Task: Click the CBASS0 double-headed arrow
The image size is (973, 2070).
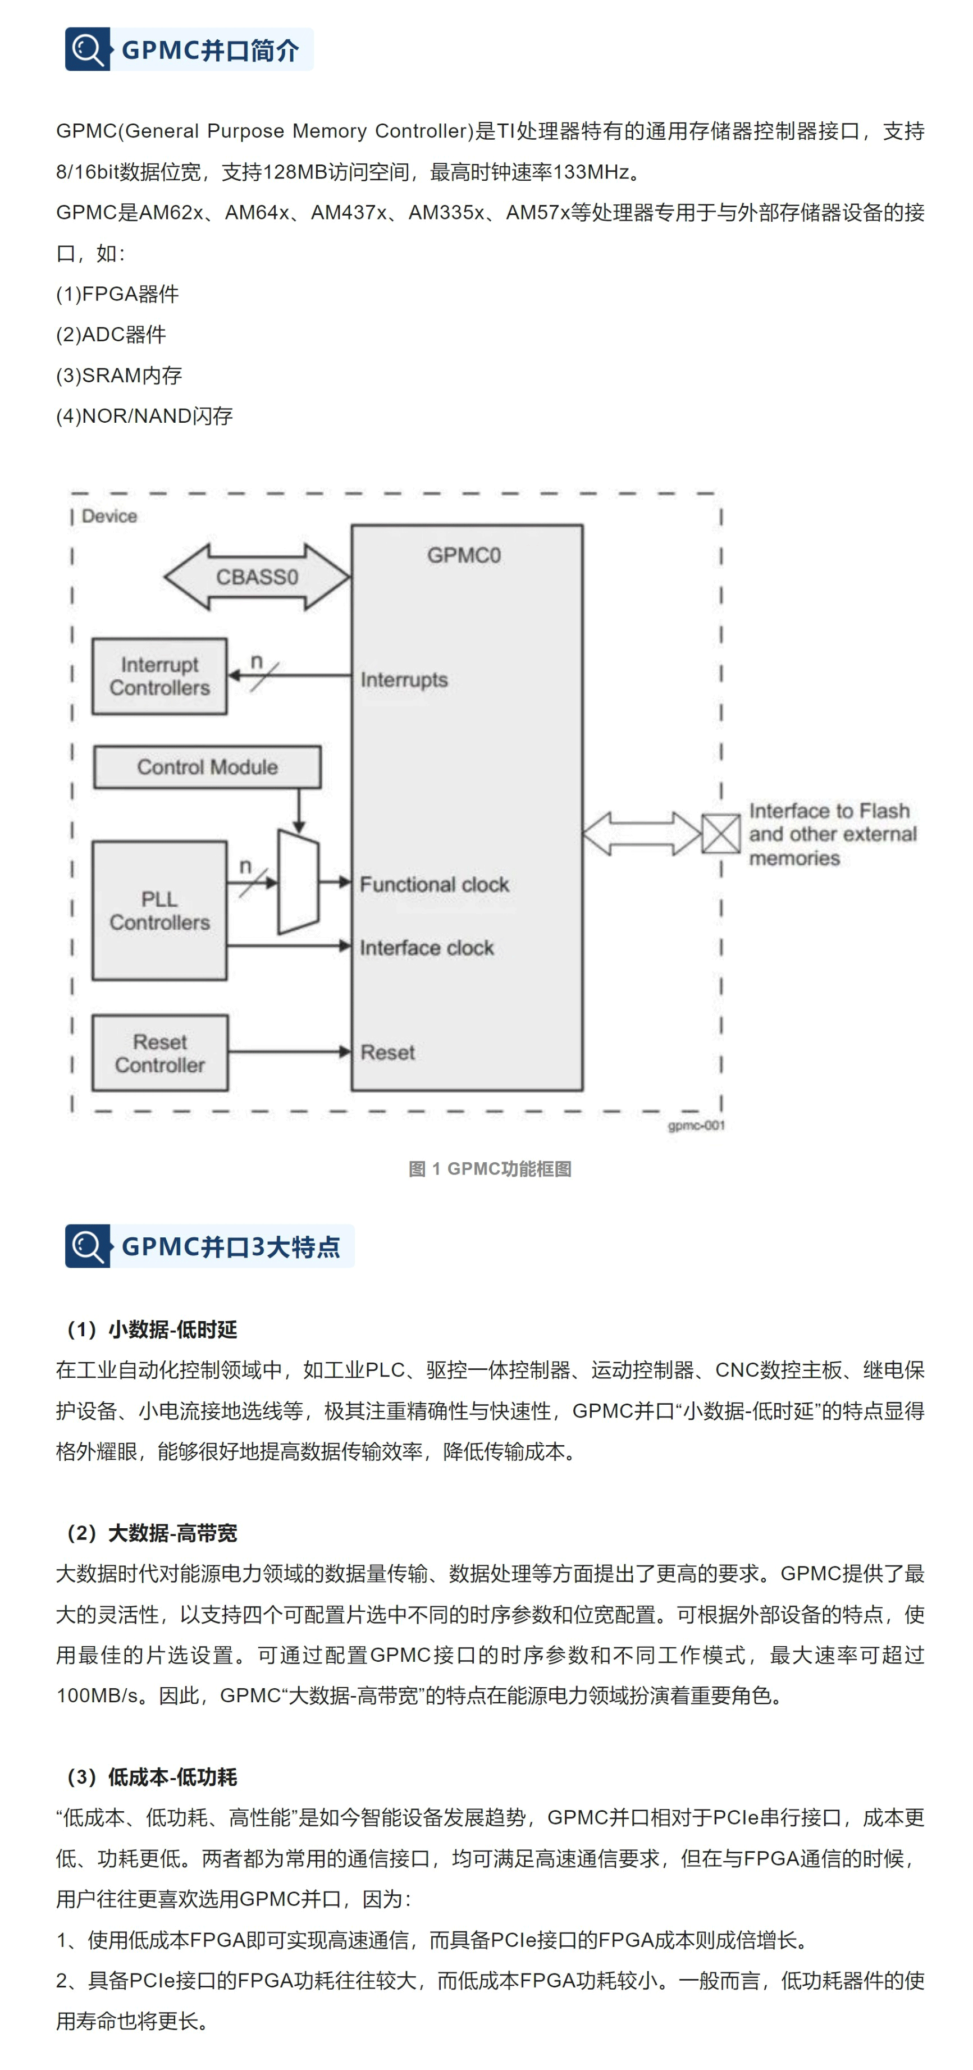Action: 257,577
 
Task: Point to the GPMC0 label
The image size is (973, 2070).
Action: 464,555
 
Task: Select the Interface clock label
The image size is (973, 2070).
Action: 427,948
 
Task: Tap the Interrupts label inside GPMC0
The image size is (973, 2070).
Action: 404,680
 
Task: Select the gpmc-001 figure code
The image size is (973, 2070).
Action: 696,1126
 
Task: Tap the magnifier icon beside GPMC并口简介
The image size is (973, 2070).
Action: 87,50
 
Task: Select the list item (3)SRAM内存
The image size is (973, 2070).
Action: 119,375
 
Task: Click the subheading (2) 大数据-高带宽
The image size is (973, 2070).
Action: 152,1533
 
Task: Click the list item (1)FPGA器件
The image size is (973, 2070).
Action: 117,294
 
